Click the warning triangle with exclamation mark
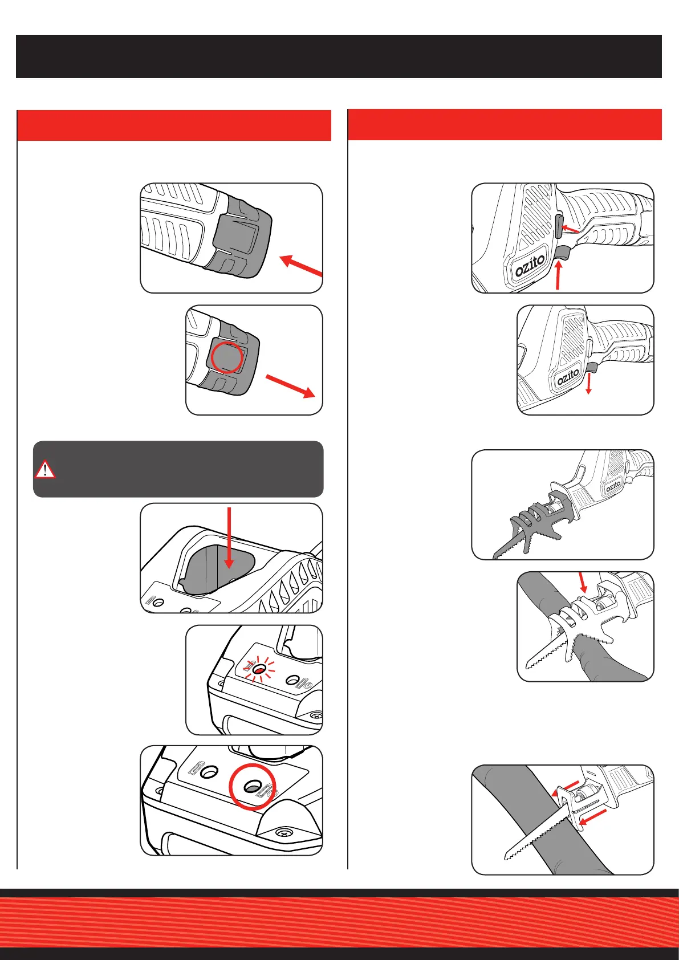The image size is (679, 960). [x=44, y=469]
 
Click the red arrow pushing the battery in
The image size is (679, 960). [x=300, y=266]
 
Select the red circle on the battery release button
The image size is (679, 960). [x=227, y=357]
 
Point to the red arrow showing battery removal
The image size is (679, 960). [x=291, y=386]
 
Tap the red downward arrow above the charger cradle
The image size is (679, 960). [x=229, y=538]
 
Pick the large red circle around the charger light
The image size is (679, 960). [x=252, y=787]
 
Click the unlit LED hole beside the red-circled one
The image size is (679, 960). [x=210, y=772]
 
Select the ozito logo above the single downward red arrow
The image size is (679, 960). [x=568, y=377]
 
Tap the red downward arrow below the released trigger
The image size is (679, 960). [x=588, y=383]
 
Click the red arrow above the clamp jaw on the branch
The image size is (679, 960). [x=582, y=582]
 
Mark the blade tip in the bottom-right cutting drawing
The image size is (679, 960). [x=505, y=859]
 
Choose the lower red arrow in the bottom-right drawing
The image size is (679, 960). [x=592, y=817]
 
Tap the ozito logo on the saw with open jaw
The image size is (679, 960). [x=613, y=486]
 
